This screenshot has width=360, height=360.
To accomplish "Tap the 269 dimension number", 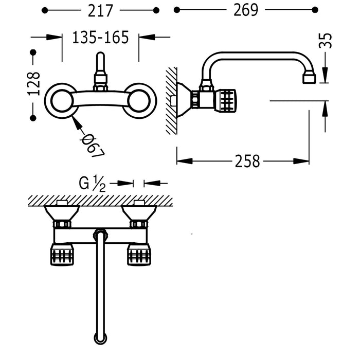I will [x=245, y=10].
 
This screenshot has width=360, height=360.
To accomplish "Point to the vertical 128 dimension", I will [x=33, y=84].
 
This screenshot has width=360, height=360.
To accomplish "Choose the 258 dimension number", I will [x=247, y=161].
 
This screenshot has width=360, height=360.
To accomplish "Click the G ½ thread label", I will [x=93, y=183].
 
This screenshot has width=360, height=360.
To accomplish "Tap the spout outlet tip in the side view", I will [x=309, y=78].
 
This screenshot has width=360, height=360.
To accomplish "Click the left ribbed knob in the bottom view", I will [x=62, y=254].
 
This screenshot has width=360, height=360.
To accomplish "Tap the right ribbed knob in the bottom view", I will [x=139, y=254].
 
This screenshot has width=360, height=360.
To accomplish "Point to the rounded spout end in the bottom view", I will [x=100, y=337].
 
